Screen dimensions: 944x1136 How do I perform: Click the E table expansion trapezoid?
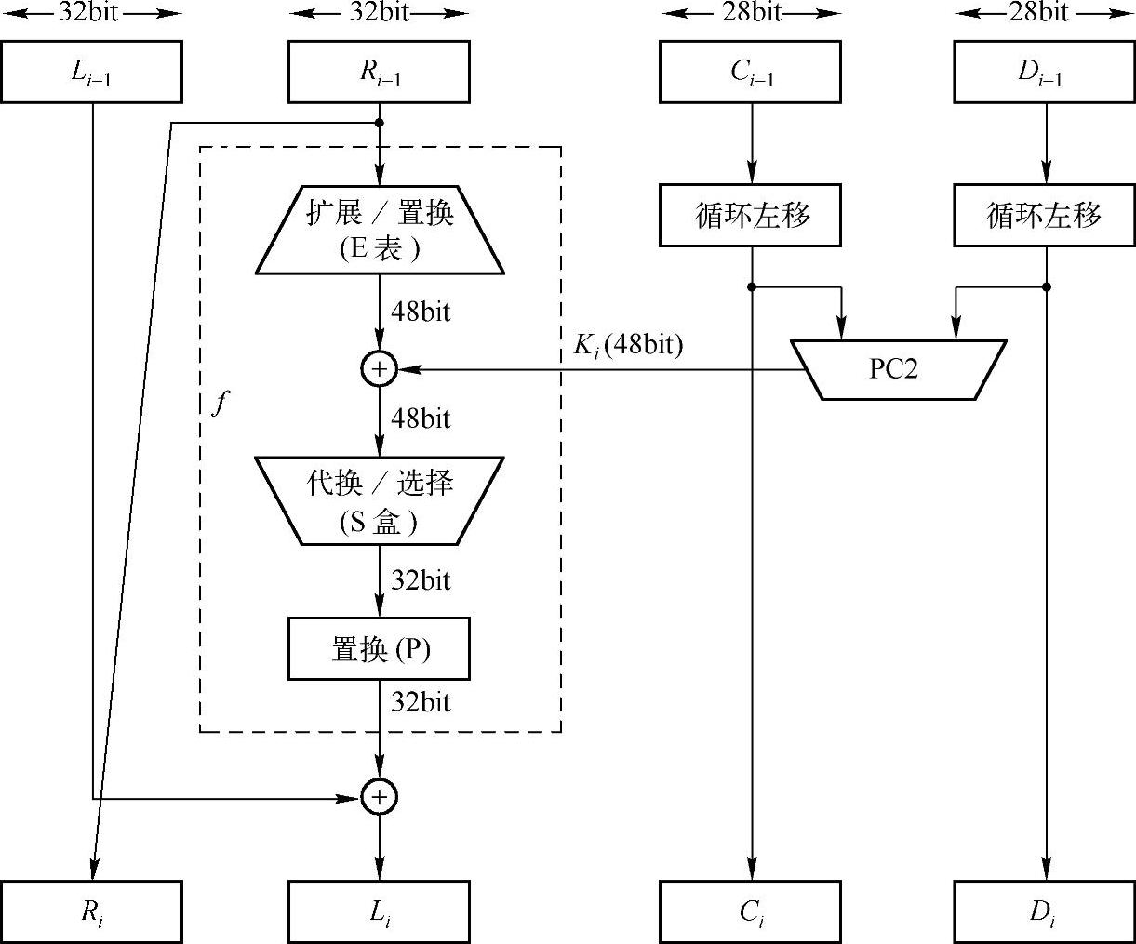380,229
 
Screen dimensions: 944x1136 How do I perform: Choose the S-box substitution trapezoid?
380,500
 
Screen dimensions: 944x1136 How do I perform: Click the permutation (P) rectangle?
380,648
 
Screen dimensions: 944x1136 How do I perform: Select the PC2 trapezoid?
898,369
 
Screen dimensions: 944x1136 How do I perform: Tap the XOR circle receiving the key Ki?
380,369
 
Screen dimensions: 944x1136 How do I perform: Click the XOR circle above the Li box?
380,797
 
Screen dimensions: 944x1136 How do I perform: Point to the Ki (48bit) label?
628,346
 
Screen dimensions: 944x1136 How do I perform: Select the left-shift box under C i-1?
752,216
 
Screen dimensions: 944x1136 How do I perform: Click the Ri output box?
91,911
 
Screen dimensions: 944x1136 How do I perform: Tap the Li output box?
380,911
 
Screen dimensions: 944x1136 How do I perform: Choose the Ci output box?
752,911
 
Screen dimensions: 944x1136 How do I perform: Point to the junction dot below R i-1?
380,122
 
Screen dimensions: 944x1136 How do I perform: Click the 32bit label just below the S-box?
421,580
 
